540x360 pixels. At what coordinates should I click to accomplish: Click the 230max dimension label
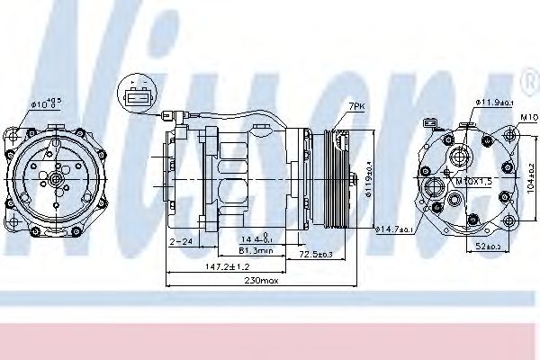pyautogui.click(x=261, y=282)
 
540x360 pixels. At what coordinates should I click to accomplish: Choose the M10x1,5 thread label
pyautogui.click(x=472, y=183)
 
